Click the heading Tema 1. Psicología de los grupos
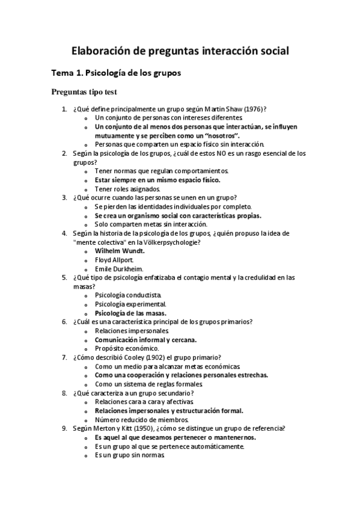coord(116,73)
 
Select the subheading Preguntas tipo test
coord(84,93)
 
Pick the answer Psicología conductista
coord(128,295)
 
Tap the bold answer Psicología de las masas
coord(130,313)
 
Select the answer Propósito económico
coord(127,348)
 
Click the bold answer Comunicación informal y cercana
coord(145,340)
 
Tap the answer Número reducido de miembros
coord(142,419)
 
